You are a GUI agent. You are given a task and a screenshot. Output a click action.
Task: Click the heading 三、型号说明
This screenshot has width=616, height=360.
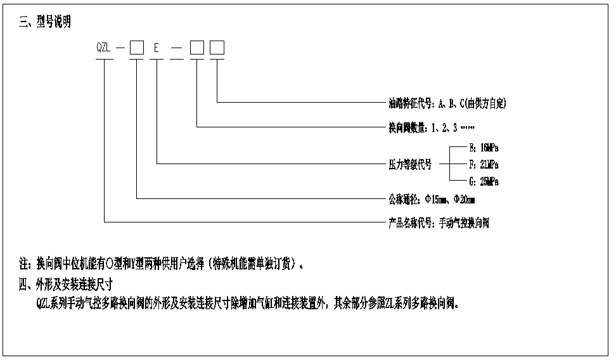pyautogui.click(x=46, y=23)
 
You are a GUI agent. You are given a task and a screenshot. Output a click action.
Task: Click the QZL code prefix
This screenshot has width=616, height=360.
pyautogui.click(x=104, y=48)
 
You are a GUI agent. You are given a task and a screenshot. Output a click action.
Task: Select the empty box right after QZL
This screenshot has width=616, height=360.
pyautogui.click(x=136, y=48)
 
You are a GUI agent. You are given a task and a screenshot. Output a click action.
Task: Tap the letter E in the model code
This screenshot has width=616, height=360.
pyautogui.click(x=157, y=48)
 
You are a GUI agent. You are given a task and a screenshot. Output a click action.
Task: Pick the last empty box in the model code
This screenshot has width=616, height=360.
pyautogui.click(x=217, y=48)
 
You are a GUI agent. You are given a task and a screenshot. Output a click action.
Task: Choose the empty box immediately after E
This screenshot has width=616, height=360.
pyautogui.click(x=197, y=48)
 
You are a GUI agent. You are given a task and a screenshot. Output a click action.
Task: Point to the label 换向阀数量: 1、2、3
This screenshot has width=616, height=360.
pyautogui.click(x=421, y=127)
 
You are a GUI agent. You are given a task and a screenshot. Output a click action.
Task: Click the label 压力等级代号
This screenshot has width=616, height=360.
pyautogui.click(x=410, y=164)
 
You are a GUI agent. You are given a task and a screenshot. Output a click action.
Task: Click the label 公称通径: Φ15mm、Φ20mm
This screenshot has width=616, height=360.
pyautogui.click(x=432, y=199)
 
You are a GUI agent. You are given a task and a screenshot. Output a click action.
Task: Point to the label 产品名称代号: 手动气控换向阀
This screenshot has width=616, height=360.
pyautogui.click(x=439, y=223)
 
